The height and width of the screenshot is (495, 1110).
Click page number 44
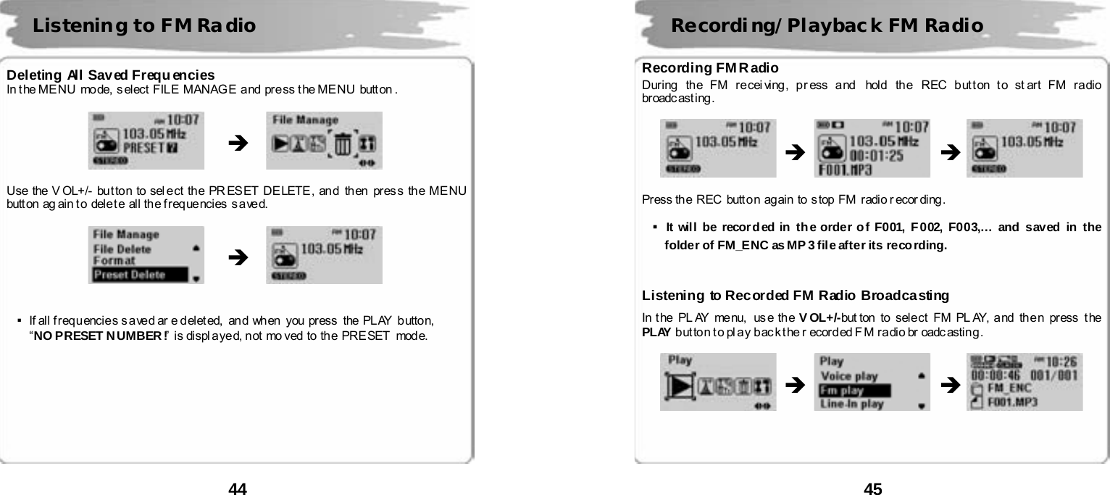(238, 489)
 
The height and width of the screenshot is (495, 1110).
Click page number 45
(872, 489)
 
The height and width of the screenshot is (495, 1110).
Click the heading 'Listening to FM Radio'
(144, 26)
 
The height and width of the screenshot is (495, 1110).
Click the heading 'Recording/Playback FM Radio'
(827, 26)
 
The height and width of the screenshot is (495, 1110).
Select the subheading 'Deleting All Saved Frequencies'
(110, 75)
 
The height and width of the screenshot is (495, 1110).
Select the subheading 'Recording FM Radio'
(710, 68)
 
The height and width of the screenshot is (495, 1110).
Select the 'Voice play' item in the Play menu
(848, 376)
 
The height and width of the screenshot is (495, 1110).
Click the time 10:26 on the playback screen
(1060, 360)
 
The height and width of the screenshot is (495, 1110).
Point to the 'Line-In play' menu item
(851, 404)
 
